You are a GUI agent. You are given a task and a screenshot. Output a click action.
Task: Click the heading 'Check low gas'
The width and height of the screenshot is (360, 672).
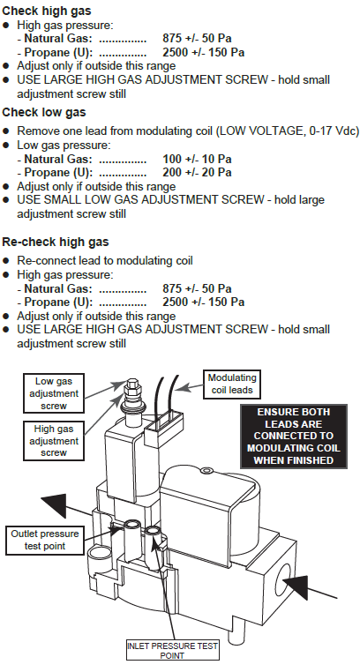tap(44, 112)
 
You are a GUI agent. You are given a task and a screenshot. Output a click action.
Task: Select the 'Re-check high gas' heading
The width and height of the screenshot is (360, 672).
tap(56, 242)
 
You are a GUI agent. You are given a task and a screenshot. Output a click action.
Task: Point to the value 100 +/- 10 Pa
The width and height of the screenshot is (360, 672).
tap(197, 159)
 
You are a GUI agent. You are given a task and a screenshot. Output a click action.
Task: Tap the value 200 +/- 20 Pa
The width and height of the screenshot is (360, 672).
tap(197, 172)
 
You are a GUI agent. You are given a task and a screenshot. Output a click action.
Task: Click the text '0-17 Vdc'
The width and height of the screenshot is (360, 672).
tap(334, 131)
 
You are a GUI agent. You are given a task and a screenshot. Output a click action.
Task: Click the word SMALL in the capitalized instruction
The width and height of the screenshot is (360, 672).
tap(62, 199)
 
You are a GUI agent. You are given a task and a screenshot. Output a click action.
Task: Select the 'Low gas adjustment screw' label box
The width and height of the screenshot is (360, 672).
tap(54, 393)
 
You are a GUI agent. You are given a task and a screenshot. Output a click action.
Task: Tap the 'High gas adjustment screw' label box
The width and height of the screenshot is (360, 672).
tap(54, 441)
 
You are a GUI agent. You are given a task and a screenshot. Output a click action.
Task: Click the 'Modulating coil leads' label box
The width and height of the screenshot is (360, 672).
tap(232, 384)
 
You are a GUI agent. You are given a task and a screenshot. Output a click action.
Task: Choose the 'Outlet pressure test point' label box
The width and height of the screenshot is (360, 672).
tap(45, 540)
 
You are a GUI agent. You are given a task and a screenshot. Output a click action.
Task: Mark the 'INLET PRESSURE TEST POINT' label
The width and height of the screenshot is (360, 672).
tap(172, 651)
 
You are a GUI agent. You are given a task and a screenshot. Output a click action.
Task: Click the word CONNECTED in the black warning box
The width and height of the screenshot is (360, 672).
tap(293, 436)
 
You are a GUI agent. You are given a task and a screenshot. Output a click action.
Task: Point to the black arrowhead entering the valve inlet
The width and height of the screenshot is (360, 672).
tap(296, 586)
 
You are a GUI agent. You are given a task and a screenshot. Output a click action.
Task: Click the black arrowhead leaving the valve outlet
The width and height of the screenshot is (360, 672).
tap(55, 505)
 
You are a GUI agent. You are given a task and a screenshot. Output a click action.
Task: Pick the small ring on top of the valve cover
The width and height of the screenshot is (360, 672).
tap(206, 471)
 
